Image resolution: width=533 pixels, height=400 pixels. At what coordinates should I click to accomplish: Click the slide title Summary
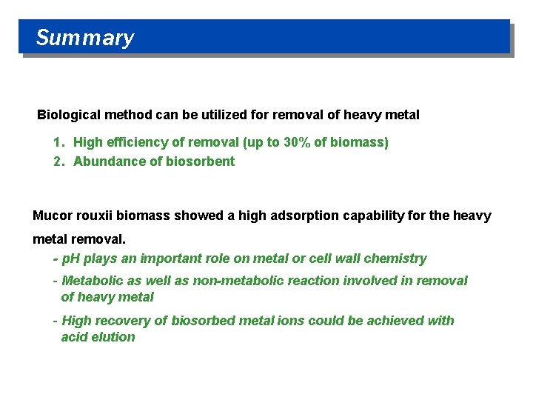(x=84, y=38)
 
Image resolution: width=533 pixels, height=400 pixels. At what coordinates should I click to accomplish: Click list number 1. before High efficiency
(x=59, y=142)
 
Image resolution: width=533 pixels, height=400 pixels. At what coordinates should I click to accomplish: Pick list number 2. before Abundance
(x=59, y=161)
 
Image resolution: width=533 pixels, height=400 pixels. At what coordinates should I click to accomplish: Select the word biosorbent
(x=200, y=161)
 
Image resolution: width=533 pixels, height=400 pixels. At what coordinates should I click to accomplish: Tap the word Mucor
(x=50, y=216)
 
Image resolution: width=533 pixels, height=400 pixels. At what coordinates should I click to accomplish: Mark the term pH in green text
(x=71, y=259)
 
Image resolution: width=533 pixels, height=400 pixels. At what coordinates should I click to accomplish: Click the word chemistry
(x=398, y=259)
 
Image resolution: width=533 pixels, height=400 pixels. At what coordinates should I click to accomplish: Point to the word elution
(x=115, y=337)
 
